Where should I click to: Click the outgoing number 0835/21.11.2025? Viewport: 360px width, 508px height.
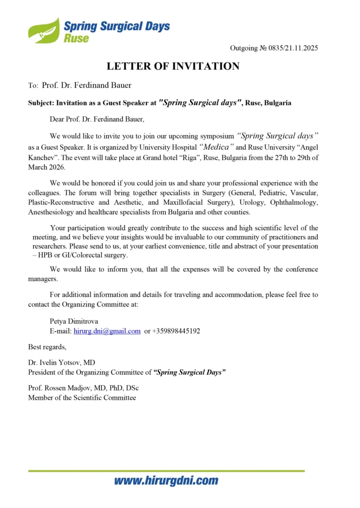click(274, 48)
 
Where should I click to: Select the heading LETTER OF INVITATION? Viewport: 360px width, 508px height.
click(173, 66)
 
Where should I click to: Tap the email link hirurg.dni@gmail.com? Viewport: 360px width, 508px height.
click(107, 331)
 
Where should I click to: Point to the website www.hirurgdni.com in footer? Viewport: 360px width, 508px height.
click(166, 481)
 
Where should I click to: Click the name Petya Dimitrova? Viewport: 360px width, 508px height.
click(74, 321)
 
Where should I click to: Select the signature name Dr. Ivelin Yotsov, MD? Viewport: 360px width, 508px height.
click(65, 363)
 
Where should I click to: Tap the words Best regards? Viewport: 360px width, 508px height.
click(47, 346)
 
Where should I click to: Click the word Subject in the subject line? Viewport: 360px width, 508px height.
click(40, 103)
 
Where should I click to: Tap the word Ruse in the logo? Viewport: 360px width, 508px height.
click(76, 38)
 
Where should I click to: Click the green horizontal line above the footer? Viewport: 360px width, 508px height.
click(166, 470)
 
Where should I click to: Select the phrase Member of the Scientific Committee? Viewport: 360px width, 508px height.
click(82, 397)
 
